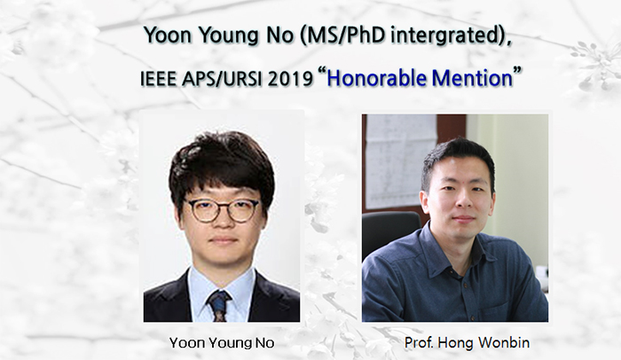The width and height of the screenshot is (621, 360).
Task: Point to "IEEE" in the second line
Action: [x=162, y=78]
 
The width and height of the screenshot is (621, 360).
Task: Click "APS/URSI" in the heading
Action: [x=228, y=78]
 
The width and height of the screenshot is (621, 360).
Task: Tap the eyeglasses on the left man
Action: [x=222, y=210]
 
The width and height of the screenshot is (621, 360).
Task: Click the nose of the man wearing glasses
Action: [x=222, y=222]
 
